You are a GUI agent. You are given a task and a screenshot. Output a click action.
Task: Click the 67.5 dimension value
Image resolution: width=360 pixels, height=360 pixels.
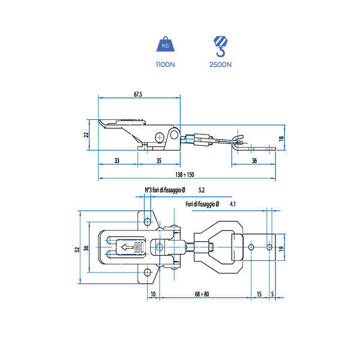tap(137, 94)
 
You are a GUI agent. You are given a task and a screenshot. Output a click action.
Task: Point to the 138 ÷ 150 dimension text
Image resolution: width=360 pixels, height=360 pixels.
tap(185, 175)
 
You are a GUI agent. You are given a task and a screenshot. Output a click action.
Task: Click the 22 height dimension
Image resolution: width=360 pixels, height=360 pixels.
tap(86, 135)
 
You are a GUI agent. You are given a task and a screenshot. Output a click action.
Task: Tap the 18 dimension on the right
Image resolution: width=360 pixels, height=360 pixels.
tap(281, 139)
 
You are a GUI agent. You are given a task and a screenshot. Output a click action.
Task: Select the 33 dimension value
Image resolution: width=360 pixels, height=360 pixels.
tap(116, 161)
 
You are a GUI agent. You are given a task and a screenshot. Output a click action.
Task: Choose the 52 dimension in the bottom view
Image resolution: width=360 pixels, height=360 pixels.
tap(76, 248)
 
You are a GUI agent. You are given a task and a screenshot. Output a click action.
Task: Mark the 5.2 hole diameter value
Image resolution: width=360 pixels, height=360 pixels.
tap(201, 190)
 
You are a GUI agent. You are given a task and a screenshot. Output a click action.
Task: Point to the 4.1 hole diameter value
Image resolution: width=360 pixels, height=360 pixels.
tap(233, 205)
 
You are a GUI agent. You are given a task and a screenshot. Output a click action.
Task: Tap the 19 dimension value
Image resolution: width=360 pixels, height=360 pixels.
tap(281, 248)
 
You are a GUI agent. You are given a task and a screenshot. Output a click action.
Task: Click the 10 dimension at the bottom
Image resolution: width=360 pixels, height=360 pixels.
tap(154, 294)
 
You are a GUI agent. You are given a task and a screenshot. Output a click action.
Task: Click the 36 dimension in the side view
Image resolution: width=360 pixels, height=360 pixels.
tap(254, 161)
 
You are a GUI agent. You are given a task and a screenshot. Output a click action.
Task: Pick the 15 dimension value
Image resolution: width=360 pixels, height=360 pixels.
tap(259, 294)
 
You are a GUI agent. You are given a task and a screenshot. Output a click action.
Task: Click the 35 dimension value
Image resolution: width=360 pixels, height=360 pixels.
tap(159, 161)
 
